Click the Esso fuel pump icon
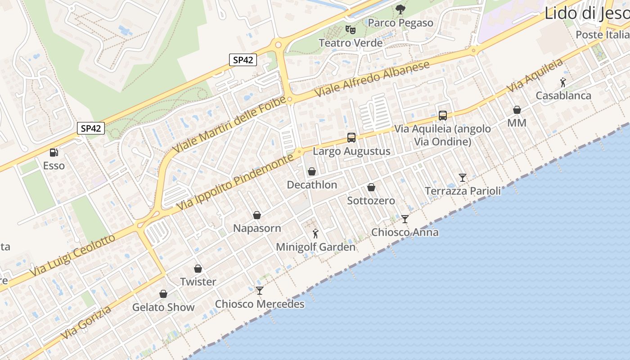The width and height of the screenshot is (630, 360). click(x=54, y=153)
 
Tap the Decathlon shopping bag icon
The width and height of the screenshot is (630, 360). click(x=311, y=171)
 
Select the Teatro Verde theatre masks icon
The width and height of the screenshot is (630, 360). click(x=351, y=30)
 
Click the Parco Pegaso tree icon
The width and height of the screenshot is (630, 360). click(x=400, y=9)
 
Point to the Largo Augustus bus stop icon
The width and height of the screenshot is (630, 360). click(x=351, y=138)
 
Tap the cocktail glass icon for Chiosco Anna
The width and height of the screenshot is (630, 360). click(x=405, y=219)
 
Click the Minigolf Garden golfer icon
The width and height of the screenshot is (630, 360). click(x=315, y=234)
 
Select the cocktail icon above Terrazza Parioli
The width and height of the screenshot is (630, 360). click(x=463, y=178)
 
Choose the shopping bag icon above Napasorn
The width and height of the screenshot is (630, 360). click(x=257, y=215)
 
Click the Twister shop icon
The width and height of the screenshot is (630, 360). click(x=198, y=269)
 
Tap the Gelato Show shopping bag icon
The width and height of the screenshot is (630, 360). click(x=163, y=294)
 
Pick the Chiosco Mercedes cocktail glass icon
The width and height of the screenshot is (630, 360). click(x=260, y=291)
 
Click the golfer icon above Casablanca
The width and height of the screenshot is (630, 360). click(x=563, y=82)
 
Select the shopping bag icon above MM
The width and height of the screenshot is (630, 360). click(x=517, y=110)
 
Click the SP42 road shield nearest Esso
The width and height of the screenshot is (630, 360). click(x=91, y=128)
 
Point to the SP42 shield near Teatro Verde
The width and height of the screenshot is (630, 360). click(x=243, y=60)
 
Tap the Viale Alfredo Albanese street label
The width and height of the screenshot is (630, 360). click(x=372, y=79)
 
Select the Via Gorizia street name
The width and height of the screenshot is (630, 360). click(x=86, y=323)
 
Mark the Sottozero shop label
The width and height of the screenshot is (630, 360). click(x=371, y=201)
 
